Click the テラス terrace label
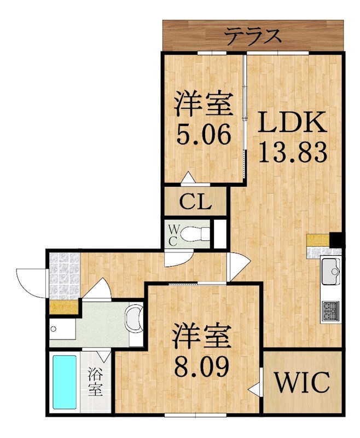coord(253,36)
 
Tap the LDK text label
coord(292,122)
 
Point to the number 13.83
coord(293,152)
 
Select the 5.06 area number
coord(204,134)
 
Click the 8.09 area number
coord(202,366)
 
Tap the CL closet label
coord(195,201)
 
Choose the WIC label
coord(302,382)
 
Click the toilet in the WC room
coord(195,234)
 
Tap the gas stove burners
coord(330,311)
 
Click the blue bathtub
coord(65,382)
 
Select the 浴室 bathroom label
coord(95,382)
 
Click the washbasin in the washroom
coord(135,319)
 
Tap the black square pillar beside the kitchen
coord(336,240)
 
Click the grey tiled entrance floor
coord(64,276)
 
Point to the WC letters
coord(173,235)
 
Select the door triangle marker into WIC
coord(254,389)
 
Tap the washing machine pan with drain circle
coord(62,329)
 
